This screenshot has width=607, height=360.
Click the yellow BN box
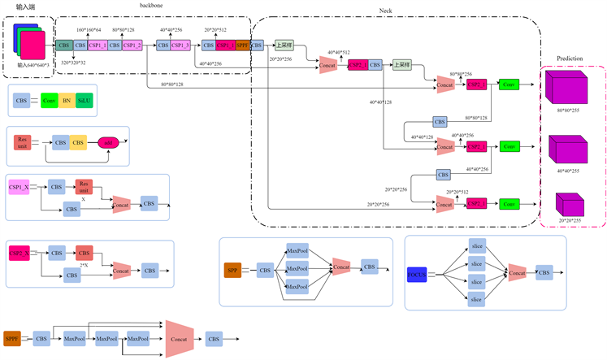(68, 101)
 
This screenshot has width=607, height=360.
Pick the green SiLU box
(85, 101)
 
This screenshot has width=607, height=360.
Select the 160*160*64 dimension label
(89, 30)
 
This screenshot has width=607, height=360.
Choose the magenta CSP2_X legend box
(20, 254)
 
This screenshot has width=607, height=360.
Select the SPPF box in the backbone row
(242, 46)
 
